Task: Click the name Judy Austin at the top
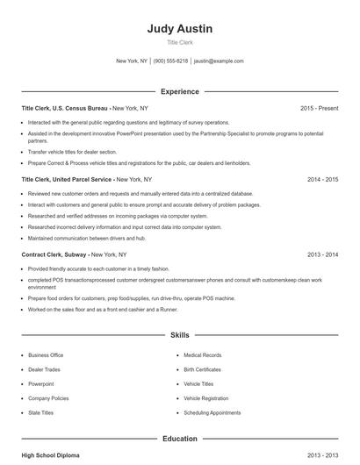click(179, 28)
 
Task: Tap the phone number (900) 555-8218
click(170, 61)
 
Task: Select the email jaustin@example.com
click(219, 61)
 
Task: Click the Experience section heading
click(180, 91)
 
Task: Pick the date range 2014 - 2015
click(322, 179)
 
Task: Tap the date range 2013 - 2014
click(322, 254)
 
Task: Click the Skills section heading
click(179, 335)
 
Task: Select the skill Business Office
click(46, 355)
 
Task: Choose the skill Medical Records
click(202, 355)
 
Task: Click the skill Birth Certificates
click(204, 369)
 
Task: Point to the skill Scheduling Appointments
click(212, 412)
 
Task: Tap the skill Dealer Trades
click(44, 369)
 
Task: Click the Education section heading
click(179, 438)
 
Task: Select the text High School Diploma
click(50, 455)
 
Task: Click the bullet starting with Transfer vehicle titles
click(71, 152)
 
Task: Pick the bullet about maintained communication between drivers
click(86, 237)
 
